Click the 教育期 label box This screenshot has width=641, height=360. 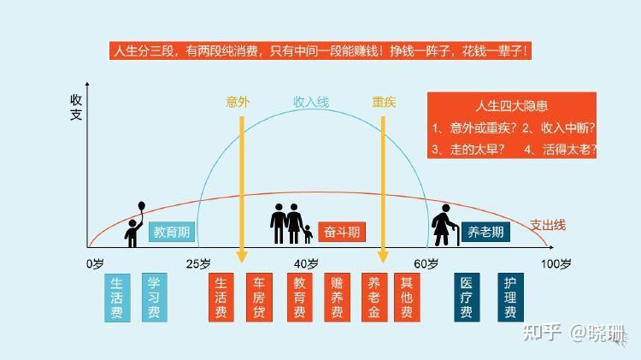[x=171, y=231]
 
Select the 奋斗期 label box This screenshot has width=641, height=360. [x=341, y=231]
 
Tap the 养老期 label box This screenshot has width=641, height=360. [x=485, y=231]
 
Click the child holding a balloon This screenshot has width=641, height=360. [x=134, y=226]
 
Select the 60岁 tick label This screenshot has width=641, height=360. [x=426, y=263]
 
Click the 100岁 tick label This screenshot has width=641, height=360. [x=555, y=263]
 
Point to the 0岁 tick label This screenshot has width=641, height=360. [x=95, y=263]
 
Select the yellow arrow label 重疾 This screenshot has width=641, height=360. [x=384, y=102]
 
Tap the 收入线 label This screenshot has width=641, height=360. [x=311, y=102]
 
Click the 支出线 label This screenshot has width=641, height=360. [x=548, y=225]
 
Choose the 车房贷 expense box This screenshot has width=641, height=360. [x=259, y=298]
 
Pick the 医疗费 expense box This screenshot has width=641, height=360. [x=467, y=298]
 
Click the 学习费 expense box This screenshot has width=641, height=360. [x=155, y=298]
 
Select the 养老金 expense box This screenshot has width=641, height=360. [x=373, y=298]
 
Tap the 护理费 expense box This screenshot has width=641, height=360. [x=511, y=298]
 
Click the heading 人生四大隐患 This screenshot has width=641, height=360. [x=515, y=107]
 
